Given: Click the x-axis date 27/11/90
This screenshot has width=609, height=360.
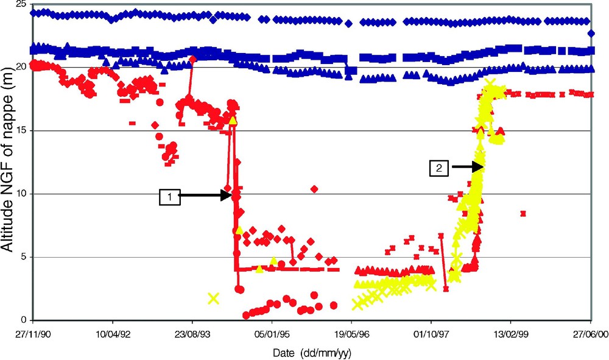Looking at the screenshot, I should [x=32, y=334].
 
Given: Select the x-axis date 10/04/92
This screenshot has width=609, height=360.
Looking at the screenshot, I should [x=112, y=334].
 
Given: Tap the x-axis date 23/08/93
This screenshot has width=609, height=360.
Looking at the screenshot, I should [x=192, y=334].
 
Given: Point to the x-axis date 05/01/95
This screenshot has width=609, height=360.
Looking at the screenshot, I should [x=272, y=334].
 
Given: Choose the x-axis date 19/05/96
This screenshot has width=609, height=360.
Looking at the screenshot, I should [x=351, y=334].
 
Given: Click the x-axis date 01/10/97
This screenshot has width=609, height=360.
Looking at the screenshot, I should [x=431, y=334].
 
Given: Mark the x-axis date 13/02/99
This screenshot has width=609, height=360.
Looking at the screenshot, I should [x=511, y=334].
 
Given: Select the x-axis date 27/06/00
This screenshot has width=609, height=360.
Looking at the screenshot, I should [x=590, y=334].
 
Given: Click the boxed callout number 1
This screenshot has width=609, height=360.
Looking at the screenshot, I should [x=170, y=196].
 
